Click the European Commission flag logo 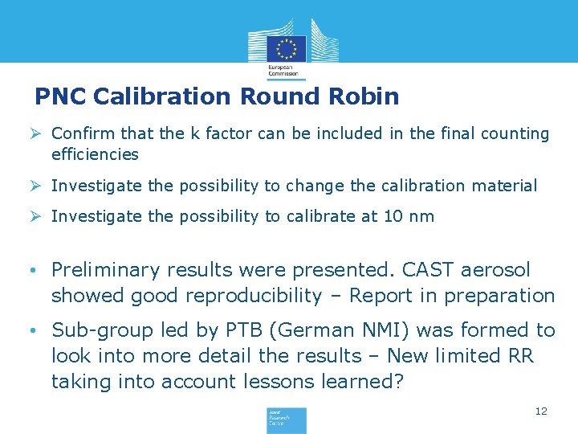click(x=287, y=47)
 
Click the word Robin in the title click(x=364, y=96)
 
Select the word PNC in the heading click(x=61, y=96)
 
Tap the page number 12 click(x=541, y=411)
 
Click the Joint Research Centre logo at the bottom click(x=287, y=420)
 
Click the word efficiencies click(x=95, y=154)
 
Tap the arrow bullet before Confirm click(x=40, y=134)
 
